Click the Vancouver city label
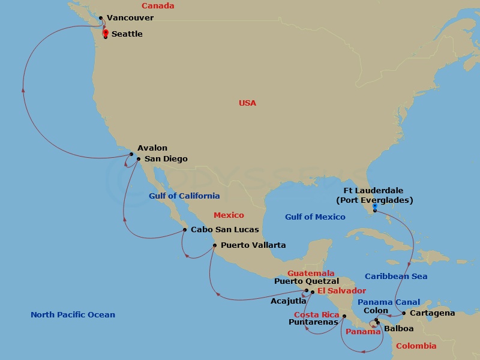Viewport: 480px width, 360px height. (x=130, y=18)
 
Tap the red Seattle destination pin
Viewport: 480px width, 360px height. (x=106, y=34)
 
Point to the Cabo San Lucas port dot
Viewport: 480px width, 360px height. (x=185, y=229)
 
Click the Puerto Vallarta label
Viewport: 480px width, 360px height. (x=253, y=245)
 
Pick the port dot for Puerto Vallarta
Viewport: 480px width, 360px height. (x=214, y=245)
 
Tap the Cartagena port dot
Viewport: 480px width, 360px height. (x=404, y=313)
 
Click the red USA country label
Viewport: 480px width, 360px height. (x=247, y=103)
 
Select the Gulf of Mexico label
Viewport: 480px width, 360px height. (x=315, y=217)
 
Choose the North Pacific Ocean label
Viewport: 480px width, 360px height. (x=73, y=314)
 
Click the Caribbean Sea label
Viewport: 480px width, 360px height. (x=396, y=276)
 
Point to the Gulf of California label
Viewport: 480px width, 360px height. (x=184, y=196)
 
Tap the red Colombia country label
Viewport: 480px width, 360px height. (x=416, y=346)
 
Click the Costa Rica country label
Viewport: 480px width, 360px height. (x=316, y=314)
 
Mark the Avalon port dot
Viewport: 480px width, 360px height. (x=131, y=154)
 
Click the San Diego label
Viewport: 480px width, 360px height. (x=166, y=159)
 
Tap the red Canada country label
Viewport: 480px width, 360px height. (x=158, y=6)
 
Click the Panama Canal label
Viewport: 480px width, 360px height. (x=389, y=302)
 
